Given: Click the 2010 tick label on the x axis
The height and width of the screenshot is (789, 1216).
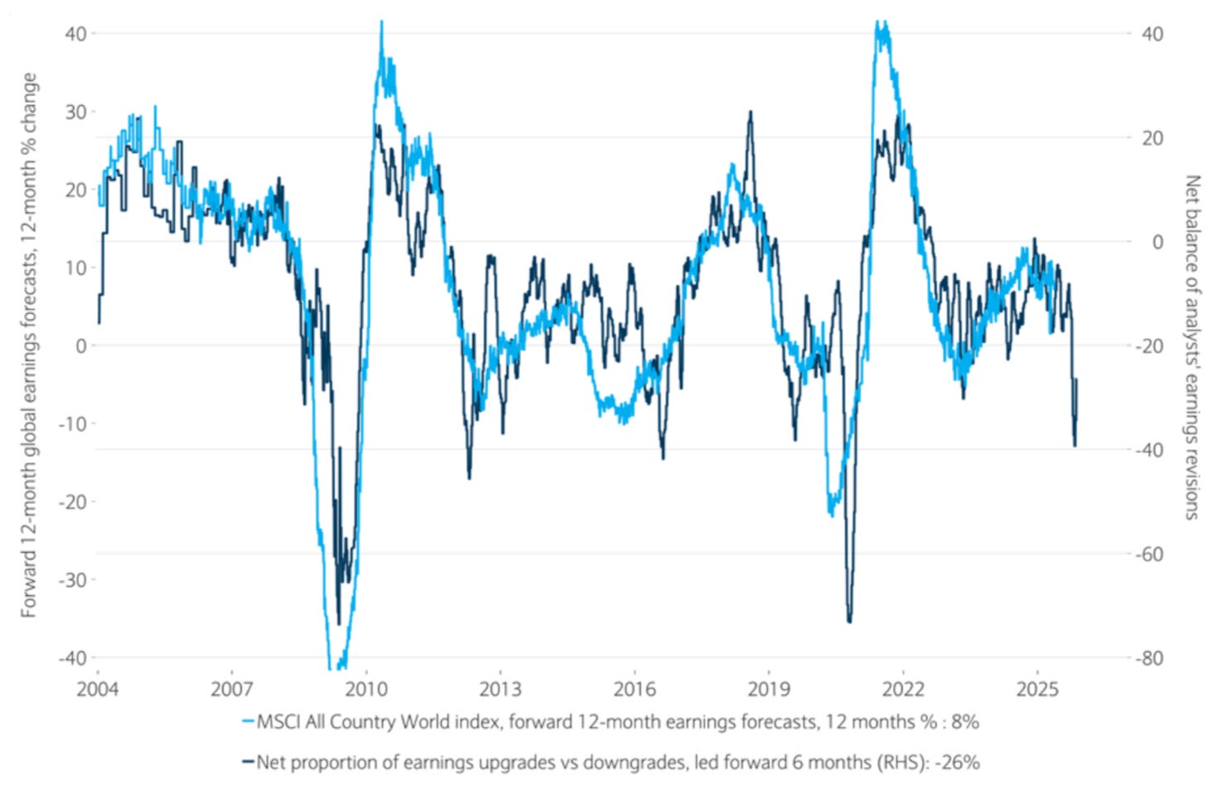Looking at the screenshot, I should tap(365, 689).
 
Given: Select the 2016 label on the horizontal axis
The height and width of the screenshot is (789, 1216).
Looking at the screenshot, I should tap(634, 689).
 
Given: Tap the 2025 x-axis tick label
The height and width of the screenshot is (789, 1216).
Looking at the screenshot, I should tap(1037, 689).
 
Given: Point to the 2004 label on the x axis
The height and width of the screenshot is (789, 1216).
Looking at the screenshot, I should tap(98, 689).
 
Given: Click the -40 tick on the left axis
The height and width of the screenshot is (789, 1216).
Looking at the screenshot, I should tap(72, 658).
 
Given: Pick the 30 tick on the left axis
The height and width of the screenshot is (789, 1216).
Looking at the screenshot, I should tap(75, 112).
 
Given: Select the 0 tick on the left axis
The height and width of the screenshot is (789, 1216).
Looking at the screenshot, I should tap(80, 345).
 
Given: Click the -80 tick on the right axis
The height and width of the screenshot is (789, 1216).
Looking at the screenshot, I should tap(1149, 659).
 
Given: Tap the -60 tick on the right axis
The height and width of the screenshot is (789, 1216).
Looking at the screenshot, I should tap(1149, 555).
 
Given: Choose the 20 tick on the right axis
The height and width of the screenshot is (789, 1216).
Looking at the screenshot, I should tap(1152, 138).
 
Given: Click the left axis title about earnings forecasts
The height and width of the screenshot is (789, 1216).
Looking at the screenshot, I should tap(29, 344).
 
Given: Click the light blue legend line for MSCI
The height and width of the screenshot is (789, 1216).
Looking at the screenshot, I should tap(248, 722).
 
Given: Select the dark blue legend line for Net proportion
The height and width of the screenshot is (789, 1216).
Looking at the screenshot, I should tap(248, 762).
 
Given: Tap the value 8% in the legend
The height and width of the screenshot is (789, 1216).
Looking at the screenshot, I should tap(965, 722).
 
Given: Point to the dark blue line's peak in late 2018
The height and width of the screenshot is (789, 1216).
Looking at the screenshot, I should tap(750, 113).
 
